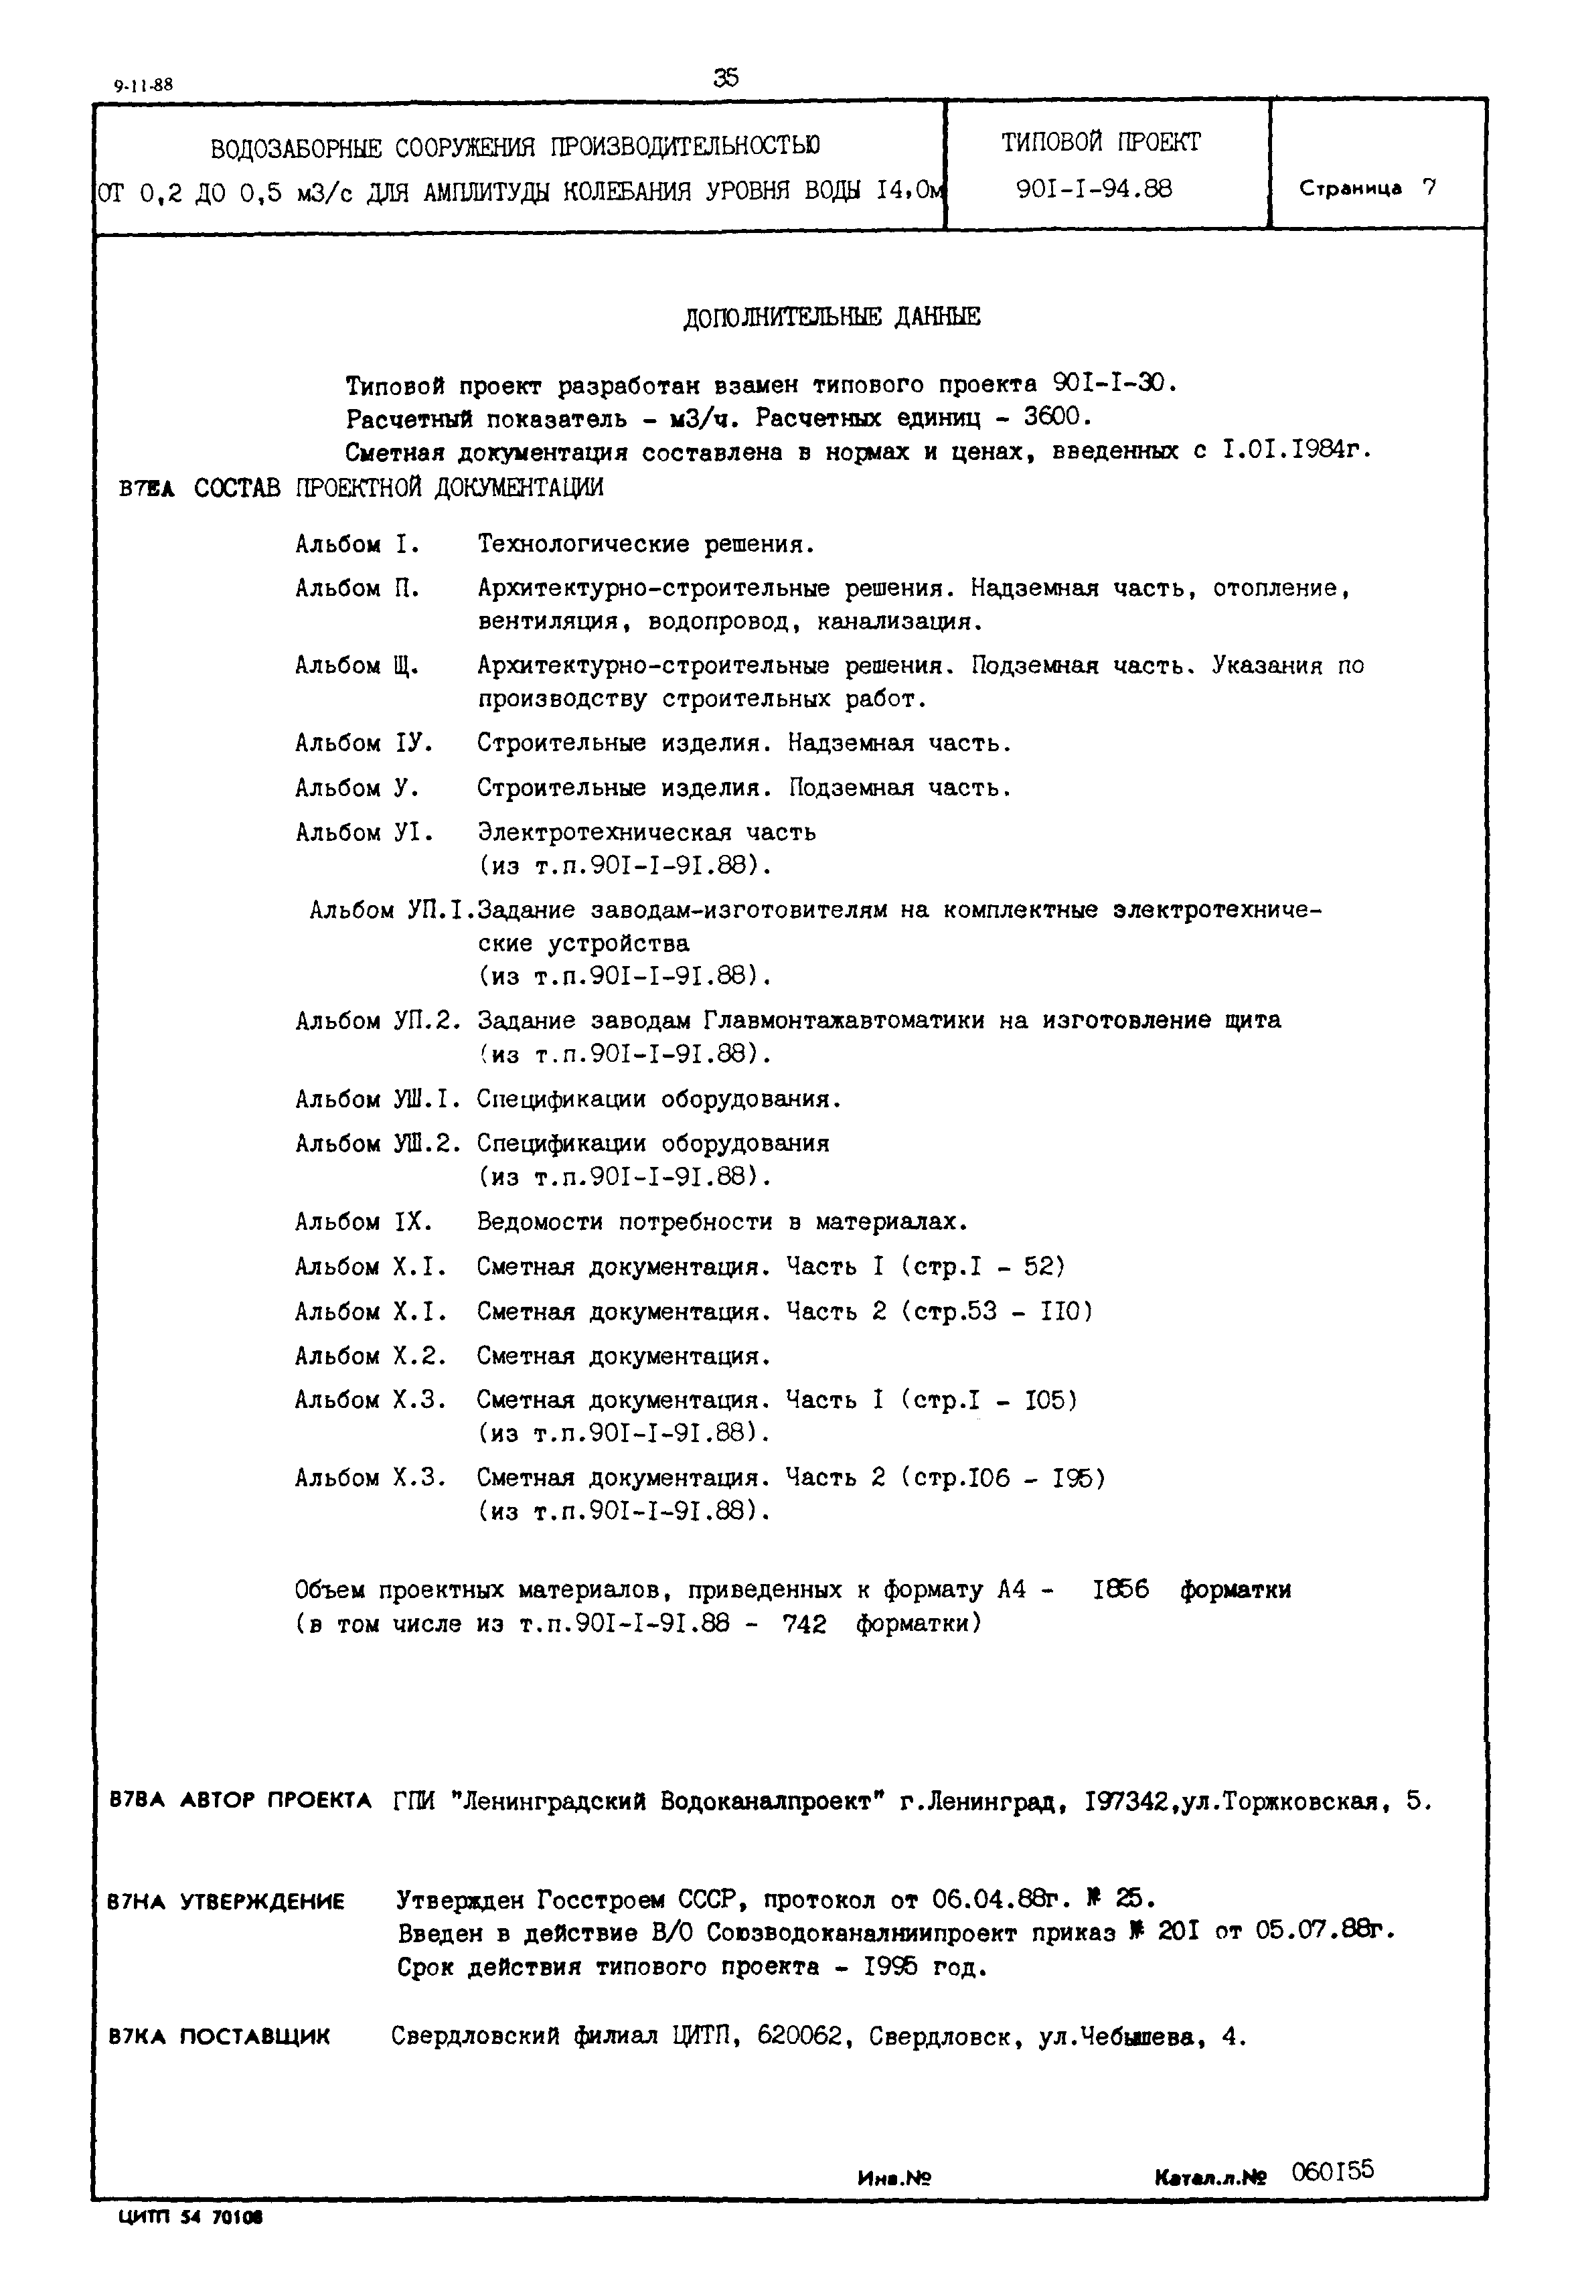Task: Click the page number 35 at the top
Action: [726, 77]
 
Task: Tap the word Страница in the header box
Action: [1350, 188]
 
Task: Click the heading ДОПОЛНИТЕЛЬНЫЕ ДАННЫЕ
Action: [832, 317]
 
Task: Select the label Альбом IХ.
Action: [364, 1222]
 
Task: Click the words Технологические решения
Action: [645, 544]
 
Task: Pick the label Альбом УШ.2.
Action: [379, 1143]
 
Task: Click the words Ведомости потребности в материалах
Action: [722, 1222]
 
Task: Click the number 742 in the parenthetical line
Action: [804, 1624]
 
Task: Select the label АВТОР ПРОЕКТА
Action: [276, 1800]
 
